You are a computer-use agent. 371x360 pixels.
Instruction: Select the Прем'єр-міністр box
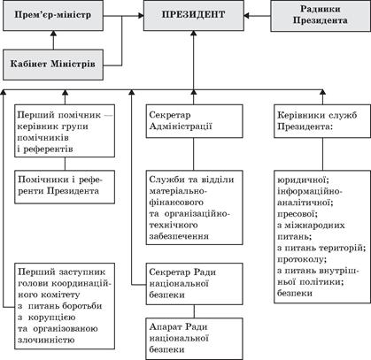[55, 16]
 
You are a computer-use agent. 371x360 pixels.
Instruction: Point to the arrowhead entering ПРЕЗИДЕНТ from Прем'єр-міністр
[131, 16]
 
